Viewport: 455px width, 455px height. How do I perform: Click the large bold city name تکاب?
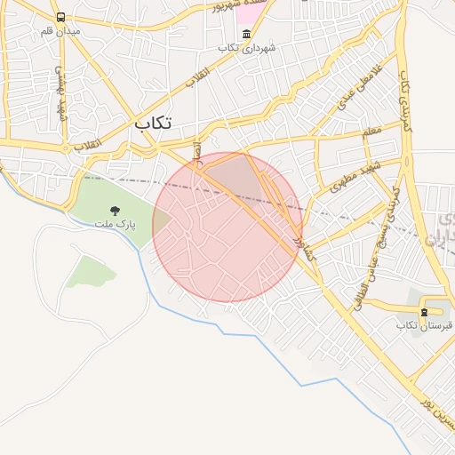153,123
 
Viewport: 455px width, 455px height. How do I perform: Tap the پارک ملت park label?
116,225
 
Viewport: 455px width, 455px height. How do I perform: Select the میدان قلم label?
60,31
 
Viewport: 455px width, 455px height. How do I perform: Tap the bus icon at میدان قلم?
60,17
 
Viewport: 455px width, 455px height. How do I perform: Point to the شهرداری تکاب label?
246,47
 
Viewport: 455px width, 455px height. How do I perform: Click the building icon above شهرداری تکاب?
246,34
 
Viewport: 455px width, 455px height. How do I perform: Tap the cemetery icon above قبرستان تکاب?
424,311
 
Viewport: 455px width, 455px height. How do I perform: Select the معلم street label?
372,132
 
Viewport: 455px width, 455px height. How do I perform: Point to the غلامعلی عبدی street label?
355,92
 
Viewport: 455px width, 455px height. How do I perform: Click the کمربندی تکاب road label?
408,101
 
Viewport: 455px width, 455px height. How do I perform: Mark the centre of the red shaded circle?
227,227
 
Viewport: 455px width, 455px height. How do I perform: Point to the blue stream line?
222,332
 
